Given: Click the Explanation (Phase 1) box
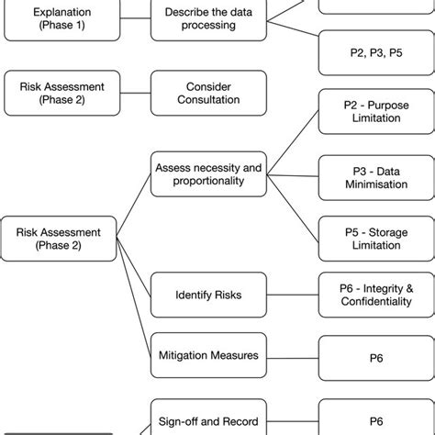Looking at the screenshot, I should (x=61, y=18).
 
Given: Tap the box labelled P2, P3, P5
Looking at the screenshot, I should (x=376, y=53).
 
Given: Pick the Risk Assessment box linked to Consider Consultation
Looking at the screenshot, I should (x=61, y=93).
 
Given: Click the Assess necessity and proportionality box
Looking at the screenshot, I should (x=209, y=174).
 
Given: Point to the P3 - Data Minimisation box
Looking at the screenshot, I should (x=376, y=177).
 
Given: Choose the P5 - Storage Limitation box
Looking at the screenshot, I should (x=376, y=239).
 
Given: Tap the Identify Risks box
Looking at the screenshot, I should (x=209, y=295).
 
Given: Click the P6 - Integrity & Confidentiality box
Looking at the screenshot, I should (x=376, y=295).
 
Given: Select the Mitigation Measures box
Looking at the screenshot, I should (x=209, y=354).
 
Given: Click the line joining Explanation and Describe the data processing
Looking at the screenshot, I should (x=135, y=18).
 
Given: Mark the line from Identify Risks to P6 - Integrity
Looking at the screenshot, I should (x=293, y=295).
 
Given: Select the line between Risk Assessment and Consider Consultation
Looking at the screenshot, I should (x=135, y=93).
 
